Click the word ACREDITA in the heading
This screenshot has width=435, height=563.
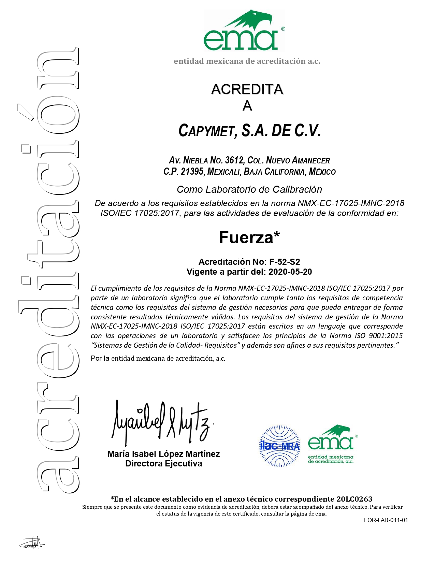pos(247,89)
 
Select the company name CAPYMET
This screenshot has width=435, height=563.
pos(206,131)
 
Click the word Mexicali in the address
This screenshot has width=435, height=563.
pos(223,171)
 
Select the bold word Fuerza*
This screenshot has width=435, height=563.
pos(249,237)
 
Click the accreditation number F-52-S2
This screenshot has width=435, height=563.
pos(285,262)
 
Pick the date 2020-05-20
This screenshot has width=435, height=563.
pos(290,272)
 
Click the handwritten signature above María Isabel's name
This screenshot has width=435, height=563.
pos(160,421)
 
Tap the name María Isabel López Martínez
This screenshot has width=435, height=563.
pos(163,454)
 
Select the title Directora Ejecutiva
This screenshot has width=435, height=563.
pos(163,464)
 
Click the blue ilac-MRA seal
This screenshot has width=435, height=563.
pos(280,446)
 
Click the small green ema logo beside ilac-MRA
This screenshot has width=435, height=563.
pos(331,444)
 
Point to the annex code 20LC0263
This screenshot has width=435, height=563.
pos(354,499)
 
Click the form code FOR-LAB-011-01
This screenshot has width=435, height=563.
pos(386,520)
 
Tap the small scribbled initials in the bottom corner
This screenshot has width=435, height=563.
pos(32,543)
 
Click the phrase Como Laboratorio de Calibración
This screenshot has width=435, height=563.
pos(249,189)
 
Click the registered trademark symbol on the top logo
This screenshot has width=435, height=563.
pos(283,29)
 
